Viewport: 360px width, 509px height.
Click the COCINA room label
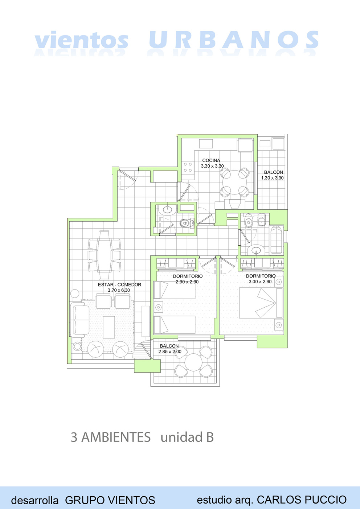211,160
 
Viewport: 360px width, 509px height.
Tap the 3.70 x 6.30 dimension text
119,290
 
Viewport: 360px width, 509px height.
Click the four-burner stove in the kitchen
188,167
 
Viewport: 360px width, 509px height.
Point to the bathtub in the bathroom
277,239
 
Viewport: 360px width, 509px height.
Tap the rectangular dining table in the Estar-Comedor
104,255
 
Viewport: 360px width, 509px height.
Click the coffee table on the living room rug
109,327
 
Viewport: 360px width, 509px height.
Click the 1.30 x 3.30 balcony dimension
272,178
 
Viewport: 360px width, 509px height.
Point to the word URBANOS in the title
234,40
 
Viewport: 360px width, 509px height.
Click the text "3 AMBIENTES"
111,437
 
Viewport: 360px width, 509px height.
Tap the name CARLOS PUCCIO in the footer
302,500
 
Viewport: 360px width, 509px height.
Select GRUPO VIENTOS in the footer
110,500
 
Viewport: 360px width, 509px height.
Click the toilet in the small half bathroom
187,223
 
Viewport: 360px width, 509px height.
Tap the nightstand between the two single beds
158,307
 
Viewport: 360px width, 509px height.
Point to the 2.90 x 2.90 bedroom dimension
187,282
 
